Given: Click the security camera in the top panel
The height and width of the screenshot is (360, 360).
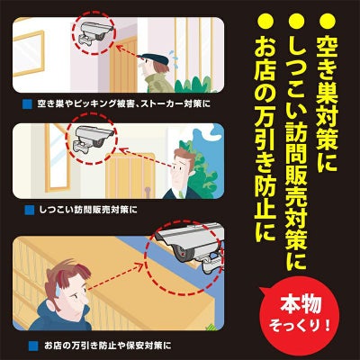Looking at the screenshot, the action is (x=93, y=33).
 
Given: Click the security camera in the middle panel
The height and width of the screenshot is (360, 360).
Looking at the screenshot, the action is (x=93, y=139).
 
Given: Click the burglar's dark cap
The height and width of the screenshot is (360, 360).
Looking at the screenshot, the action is (x=154, y=58).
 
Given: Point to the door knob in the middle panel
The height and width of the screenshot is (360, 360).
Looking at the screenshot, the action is (x=148, y=192).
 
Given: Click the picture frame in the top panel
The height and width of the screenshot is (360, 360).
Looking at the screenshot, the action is (x=29, y=53).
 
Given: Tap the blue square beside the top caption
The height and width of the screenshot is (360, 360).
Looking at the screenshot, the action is (x=28, y=104).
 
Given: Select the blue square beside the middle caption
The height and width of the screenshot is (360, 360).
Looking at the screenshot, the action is (x=30, y=210).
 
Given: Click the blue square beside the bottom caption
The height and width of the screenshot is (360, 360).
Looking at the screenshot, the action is (x=33, y=346).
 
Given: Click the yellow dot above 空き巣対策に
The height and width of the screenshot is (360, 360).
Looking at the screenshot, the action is (x=328, y=22).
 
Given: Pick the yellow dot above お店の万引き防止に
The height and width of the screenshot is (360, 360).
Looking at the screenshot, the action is (x=265, y=22).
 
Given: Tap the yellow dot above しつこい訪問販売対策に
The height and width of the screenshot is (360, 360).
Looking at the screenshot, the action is (x=296, y=22).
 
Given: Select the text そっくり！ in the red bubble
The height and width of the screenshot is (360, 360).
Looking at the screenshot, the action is (x=300, y=325).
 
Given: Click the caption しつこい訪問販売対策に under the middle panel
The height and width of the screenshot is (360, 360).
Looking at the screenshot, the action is (x=88, y=210).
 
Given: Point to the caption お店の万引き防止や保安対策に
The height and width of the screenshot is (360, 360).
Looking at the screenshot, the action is (x=108, y=346).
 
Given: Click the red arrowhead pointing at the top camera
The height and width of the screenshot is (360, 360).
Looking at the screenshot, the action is (x=120, y=48).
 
